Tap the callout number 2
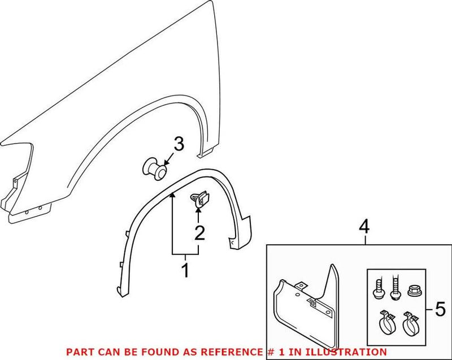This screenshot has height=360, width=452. coord(198,233)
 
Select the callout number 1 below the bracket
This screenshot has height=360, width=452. coord(185,271)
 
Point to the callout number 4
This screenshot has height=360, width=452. coord(364,227)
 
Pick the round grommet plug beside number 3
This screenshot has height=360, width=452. coord(155,168)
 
